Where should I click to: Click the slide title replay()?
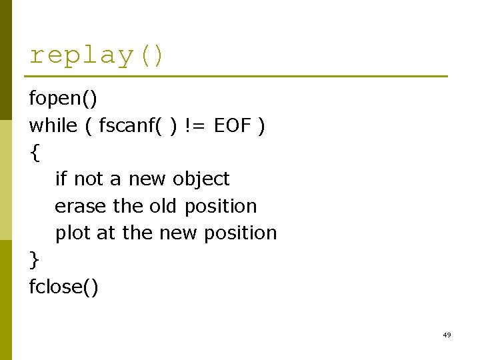pos(97,55)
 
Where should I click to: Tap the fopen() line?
pos(63,99)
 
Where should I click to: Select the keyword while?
pos(53,125)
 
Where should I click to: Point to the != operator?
pos(195,125)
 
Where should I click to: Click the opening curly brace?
pos(34,153)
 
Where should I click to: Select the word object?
pos(201,179)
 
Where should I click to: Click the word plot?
pos(73,233)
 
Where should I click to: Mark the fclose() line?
pos(64,287)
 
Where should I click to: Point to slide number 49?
pos(447,335)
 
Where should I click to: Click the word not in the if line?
pos(88,179)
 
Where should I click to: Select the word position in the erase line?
pos(221,206)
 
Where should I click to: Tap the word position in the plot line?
pos(241,233)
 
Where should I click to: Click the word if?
pos(61,179)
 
